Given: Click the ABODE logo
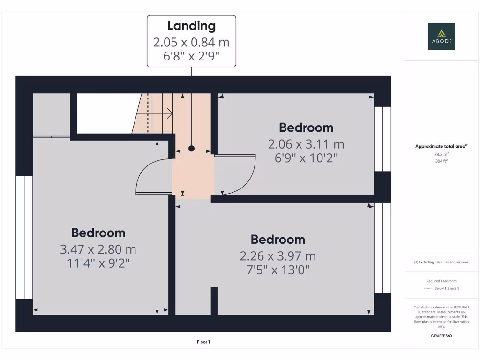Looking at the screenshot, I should pyautogui.click(x=441, y=36).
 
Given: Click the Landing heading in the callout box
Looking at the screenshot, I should pyautogui.click(x=191, y=26).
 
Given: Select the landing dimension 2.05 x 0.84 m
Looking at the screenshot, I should pyautogui.click(x=191, y=42).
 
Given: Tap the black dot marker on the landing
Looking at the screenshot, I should pyautogui.click(x=191, y=149).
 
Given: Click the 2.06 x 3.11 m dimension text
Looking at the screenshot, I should pyautogui.click(x=306, y=143).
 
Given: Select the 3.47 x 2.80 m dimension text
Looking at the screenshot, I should pyautogui.click(x=98, y=249).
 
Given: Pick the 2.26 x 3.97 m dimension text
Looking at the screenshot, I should pyautogui.click(x=277, y=256).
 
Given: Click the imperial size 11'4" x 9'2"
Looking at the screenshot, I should pyautogui.click(x=98, y=263).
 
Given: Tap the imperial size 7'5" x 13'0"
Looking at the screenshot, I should pyautogui.click(x=277, y=270).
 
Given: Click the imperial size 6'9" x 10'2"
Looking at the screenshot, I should pyautogui.click(x=306, y=157).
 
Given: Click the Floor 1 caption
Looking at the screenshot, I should pyautogui.click(x=203, y=342).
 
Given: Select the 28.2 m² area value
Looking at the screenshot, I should pyautogui.click(x=441, y=154).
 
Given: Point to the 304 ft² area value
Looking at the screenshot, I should pyautogui.click(x=441, y=161).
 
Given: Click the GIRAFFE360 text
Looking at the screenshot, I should pyautogui.click(x=441, y=336).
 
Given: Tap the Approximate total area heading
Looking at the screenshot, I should pyautogui.click(x=441, y=146).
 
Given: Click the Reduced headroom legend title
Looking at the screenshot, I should pyautogui.click(x=441, y=281).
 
